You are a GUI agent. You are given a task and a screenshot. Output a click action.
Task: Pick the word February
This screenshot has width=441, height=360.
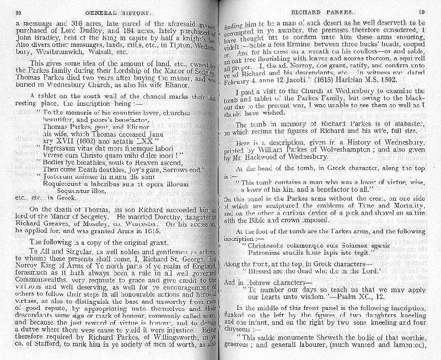coord(243,79)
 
